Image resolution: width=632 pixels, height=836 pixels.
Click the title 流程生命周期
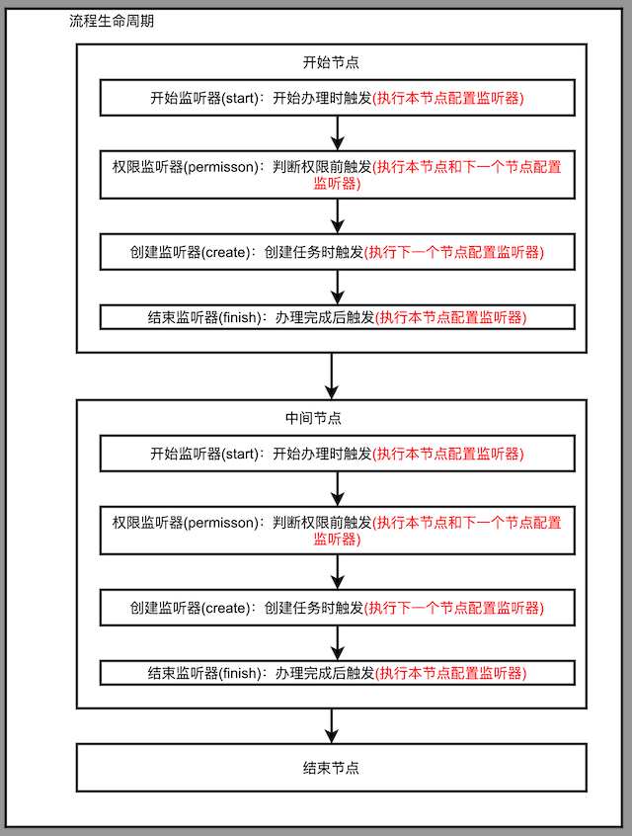coord(112,21)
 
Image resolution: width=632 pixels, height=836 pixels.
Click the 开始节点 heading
coord(331,62)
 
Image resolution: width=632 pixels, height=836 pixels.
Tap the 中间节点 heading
coord(313,418)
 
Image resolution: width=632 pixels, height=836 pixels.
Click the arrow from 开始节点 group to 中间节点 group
coord(332,376)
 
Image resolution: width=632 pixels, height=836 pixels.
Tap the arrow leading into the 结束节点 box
coord(332,725)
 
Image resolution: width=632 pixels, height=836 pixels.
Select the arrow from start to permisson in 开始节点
coord(338,133)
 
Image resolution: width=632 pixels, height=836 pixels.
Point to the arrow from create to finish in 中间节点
coord(338,643)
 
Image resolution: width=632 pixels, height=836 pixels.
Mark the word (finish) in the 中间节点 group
coord(240,673)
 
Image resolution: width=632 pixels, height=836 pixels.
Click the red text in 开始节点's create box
coord(454,252)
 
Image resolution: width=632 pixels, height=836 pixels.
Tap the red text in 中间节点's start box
coord(448,454)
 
